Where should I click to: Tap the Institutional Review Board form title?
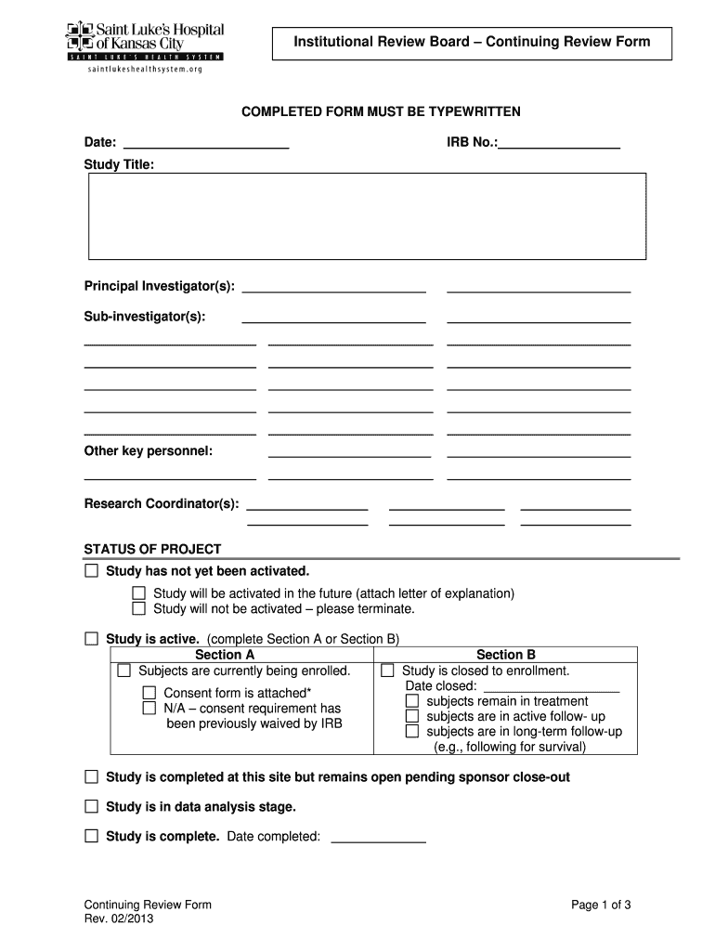(472, 42)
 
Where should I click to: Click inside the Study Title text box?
(367, 215)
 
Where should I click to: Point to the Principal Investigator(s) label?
(159, 285)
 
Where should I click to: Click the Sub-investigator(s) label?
(144, 317)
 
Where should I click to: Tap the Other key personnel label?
(148, 450)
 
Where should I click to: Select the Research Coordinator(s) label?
(161, 503)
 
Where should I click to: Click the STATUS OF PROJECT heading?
(152, 549)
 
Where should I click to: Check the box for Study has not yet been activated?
(91, 569)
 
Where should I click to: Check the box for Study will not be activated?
(138, 608)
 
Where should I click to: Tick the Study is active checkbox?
(91, 638)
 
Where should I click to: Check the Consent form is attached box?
(149, 692)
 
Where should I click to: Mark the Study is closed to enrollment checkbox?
(387, 670)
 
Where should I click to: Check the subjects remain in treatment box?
(412, 700)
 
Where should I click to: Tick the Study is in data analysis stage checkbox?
(91, 806)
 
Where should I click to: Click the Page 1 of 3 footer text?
(601, 905)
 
